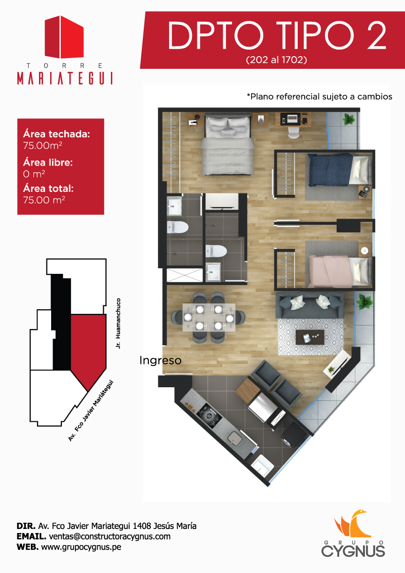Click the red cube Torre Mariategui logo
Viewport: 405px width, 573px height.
[x=64, y=37]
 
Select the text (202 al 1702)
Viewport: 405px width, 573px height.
[x=276, y=60]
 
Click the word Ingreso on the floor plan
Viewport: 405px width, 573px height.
[x=160, y=360]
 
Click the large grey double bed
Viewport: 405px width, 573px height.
[x=227, y=145]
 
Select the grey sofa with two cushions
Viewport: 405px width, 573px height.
[x=310, y=306]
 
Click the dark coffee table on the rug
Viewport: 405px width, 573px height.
[x=310, y=337]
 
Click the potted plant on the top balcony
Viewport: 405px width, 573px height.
[x=348, y=119]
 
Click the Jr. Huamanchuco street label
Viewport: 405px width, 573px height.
[x=118, y=323]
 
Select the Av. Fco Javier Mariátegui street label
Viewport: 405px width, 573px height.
[x=91, y=411]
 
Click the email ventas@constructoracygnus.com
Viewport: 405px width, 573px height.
[x=110, y=537]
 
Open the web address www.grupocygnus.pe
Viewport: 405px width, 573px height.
[x=81, y=547]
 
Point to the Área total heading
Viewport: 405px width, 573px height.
[x=48, y=189]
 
